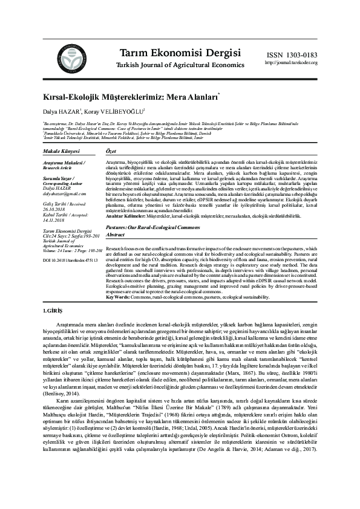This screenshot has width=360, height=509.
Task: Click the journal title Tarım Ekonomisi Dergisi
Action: coord(173,52)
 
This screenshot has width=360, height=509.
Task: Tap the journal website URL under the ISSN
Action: coord(291,62)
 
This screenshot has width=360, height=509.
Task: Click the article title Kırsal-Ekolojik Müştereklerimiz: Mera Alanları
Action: coord(129,97)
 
